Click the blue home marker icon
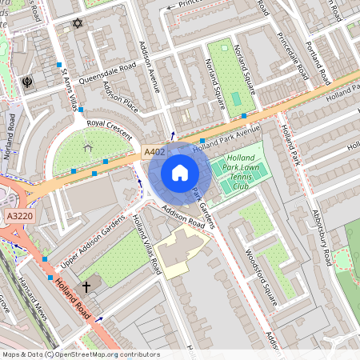pyautogui.click(x=180, y=173)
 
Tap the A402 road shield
pyautogui.click(x=154, y=152)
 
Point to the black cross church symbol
pyautogui.click(x=86, y=285)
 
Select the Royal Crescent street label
pyautogui.click(x=109, y=129)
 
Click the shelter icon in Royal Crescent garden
pyautogui.click(x=88, y=146)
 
